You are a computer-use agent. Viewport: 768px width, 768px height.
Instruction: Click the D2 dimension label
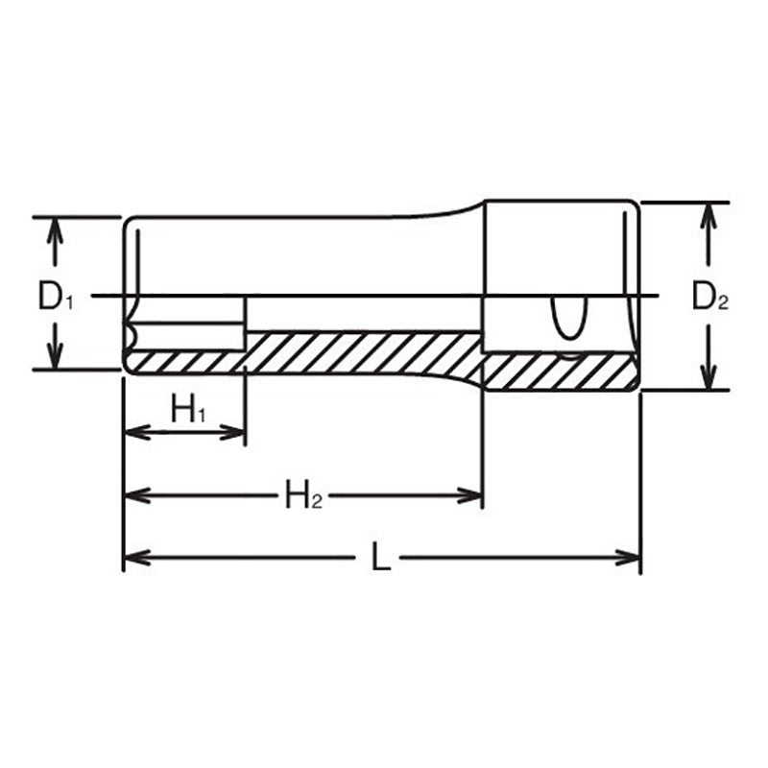710,299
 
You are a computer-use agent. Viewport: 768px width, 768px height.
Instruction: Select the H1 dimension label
189,410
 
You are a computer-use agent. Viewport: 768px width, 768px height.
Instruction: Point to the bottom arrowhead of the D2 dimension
708,379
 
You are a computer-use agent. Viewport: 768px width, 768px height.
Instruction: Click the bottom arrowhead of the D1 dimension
56,357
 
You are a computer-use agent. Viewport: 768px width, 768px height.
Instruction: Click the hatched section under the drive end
557,372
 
